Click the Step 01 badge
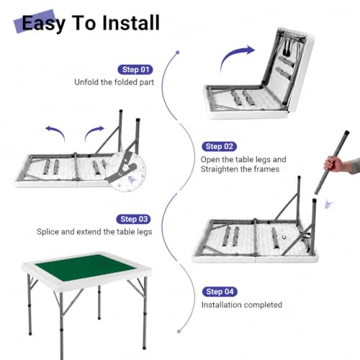pyautogui.click(x=135, y=70)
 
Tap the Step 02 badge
pyautogui.click(x=220, y=146)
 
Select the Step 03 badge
pyautogui.click(x=134, y=219)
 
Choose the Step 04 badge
pyautogui.click(x=220, y=292)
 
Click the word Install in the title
pyautogui.click(x=131, y=23)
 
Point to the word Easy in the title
pyautogui.click(x=43, y=24)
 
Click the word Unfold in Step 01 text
pyautogui.click(x=86, y=82)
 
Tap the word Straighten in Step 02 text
pyautogui.click(x=219, y=169)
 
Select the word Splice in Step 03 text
pyautogui.click(x=48, y=232)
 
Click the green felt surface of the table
pyautogui.click(x=86, y=268)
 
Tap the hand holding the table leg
pyautogui.click(x=334, y=164)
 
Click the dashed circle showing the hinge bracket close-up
pyautogui.click(x=125, y=171)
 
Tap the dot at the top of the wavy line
pyautogui.click(x=178, y=53)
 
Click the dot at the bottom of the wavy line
pyautogui.click(x=179, y=331)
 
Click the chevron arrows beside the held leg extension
pyautogui.click(x=328, y=204)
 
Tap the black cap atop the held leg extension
pyautogui.click(x=346, y=133)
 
